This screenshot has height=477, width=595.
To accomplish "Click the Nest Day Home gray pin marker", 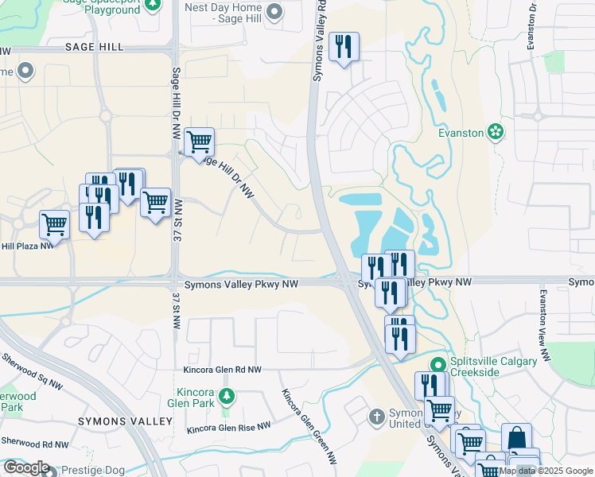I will [x=275, y=11].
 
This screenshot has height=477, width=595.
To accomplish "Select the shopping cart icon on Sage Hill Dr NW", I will [x=199, y=142].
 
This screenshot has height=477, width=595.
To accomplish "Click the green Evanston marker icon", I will [x=496, y=131].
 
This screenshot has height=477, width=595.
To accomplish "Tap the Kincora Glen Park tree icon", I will [x=227, y=395].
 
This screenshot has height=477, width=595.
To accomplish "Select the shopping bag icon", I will [x=516, y=437].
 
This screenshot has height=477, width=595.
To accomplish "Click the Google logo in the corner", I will [x=25, y=467].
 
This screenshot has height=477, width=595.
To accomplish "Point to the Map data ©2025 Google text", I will [x=546, y=471].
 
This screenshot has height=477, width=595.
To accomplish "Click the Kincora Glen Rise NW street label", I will [x=228, y=428].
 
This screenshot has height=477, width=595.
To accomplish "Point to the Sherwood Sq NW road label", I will [x=33, y=367].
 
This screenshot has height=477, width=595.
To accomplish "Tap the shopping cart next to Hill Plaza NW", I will [x=54, y=224].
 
